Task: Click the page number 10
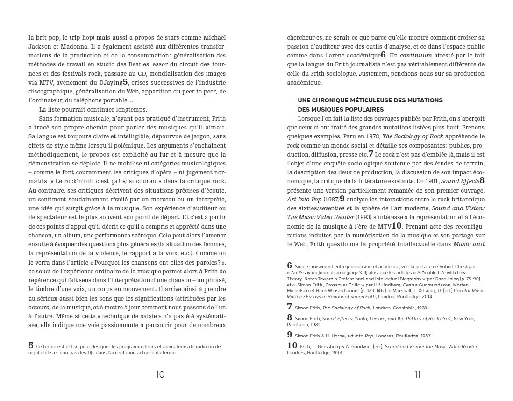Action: point(160,374)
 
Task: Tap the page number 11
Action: point(417,374)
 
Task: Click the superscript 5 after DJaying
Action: point(125,82)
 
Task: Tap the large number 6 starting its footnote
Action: point(290,265)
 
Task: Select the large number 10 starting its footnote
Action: point(292,345)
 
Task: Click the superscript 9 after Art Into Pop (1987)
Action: point(342,199)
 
